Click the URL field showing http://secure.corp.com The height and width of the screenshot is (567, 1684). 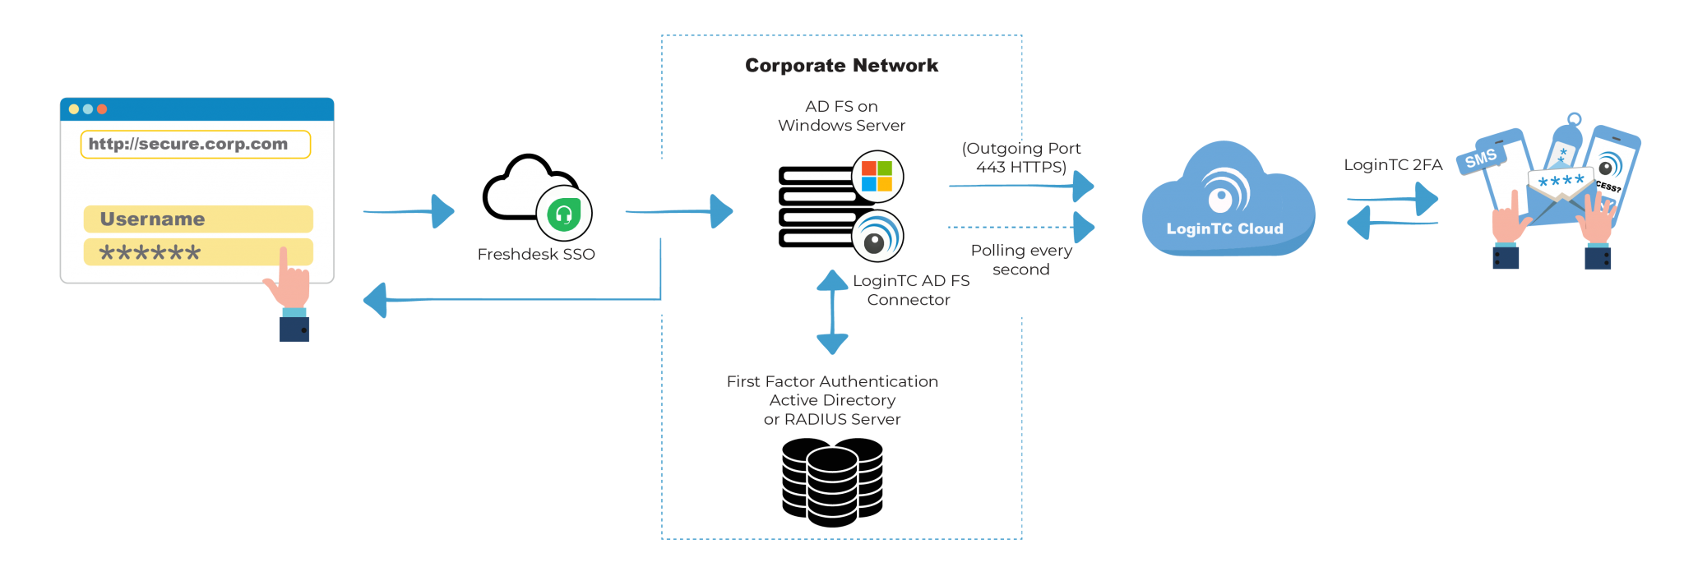(x=196, y=144)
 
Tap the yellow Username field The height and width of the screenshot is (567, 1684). (x=198, y=219)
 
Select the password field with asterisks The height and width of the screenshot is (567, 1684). (x=198, y=252)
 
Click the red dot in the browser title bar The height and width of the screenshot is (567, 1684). (x=102, y=109)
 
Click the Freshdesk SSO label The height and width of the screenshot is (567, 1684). (x=536, y=255)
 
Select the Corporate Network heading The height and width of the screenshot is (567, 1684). (x=841, y=66)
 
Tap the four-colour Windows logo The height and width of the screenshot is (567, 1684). (x=877, y=176)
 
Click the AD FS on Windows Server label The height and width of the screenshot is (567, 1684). (x=841, y=116)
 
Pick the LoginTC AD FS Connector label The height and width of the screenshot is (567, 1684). (x=910, y=290)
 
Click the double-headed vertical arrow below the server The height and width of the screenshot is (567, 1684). (x=832, y=312)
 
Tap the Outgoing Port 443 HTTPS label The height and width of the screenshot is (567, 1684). (x=1021, y=157)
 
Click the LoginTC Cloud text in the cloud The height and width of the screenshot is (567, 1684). (x=1224, y=229)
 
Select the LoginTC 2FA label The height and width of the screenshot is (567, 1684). (x=1393, y=165)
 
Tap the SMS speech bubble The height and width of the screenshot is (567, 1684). (x=1480, y=158)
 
